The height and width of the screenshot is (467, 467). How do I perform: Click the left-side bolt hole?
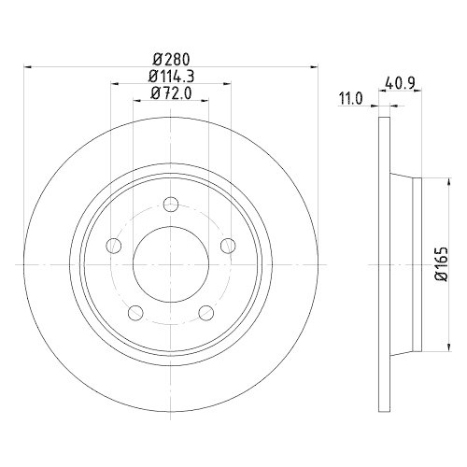[x=114, y=246]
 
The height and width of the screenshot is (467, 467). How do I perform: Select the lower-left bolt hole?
[x=135, y=311]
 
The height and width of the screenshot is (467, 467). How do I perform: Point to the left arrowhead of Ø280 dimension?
[x=27, y=66]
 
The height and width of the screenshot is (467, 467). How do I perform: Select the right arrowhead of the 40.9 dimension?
[x=418, y=91]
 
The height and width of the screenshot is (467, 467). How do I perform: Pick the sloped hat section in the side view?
[x=403, y=264]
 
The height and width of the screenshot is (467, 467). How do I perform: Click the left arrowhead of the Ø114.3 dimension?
[x=115, y=83]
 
